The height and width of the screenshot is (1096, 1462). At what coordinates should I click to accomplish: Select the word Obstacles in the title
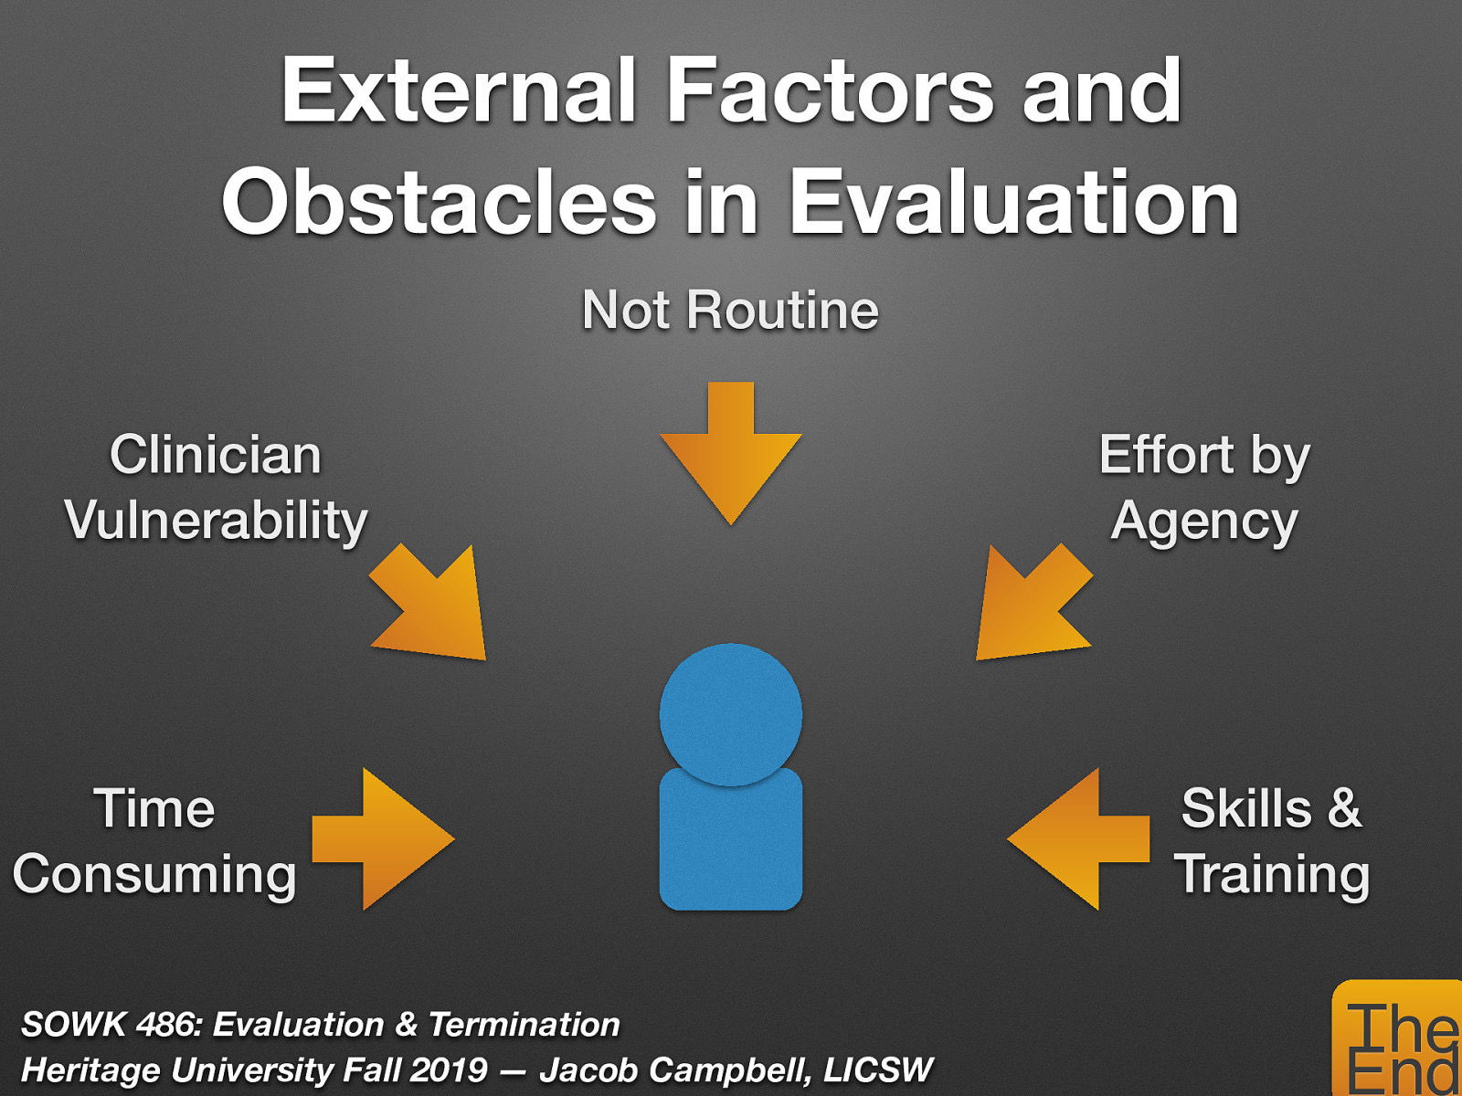tap(440, 203)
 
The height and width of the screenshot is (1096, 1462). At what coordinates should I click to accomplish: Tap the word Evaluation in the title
tap(1013, 203)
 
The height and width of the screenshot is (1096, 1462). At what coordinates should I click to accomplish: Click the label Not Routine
tap(731, 311)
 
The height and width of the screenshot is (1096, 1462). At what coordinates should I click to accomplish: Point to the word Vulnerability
tap(217, 522)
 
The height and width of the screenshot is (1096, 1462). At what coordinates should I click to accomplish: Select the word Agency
tap(1204, 522)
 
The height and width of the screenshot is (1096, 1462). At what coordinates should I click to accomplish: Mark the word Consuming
tap(154, 875)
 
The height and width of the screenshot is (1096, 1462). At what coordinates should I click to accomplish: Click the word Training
tap(1272, 875)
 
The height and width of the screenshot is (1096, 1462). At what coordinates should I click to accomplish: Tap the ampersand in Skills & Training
tap(1344, 808)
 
